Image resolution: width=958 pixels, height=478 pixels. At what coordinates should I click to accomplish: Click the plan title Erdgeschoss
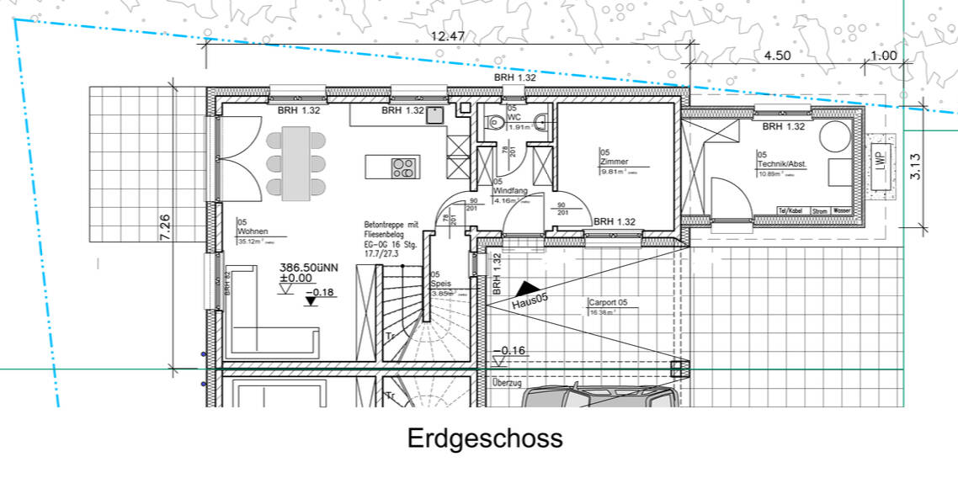tap(485, 438)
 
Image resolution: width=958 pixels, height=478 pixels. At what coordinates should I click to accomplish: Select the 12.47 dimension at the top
tap(448, 36)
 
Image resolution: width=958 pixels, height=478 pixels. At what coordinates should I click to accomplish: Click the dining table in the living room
tap(296, 162)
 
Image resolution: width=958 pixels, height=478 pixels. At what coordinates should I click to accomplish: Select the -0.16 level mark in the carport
tap(511, 349)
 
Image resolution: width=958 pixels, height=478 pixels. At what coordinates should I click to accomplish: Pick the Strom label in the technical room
tap(815, 210)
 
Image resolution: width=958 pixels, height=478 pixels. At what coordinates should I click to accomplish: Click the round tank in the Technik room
tap(837, 136)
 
